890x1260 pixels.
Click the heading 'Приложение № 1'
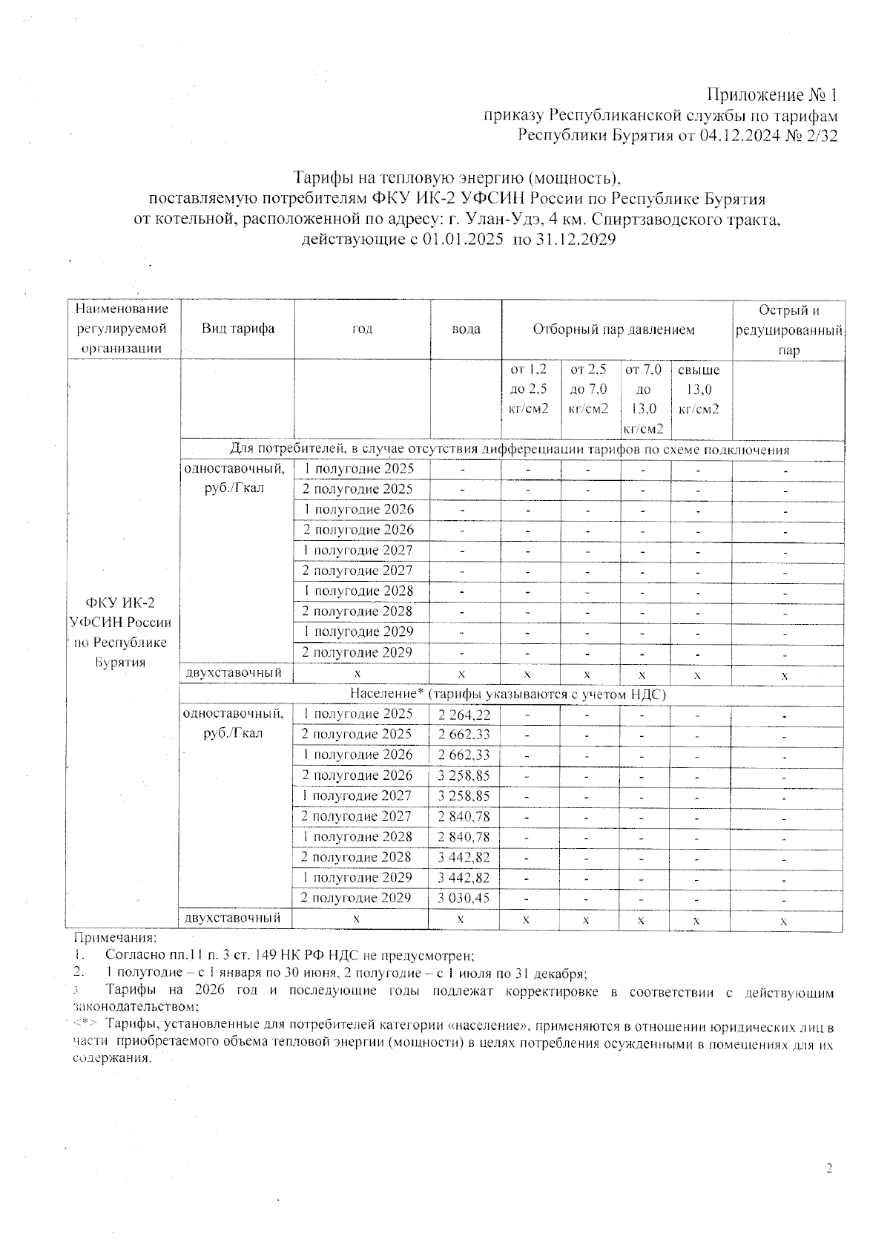pos(771,95)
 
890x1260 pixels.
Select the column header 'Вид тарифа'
pos(238,329)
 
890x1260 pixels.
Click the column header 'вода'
pos(466,329)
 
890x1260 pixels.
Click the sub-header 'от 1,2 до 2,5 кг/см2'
pos(530,389)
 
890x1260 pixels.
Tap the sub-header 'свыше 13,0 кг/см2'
pos(699,389)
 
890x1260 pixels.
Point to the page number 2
pos(829,1169)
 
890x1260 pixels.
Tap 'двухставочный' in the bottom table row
pos(233,919)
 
